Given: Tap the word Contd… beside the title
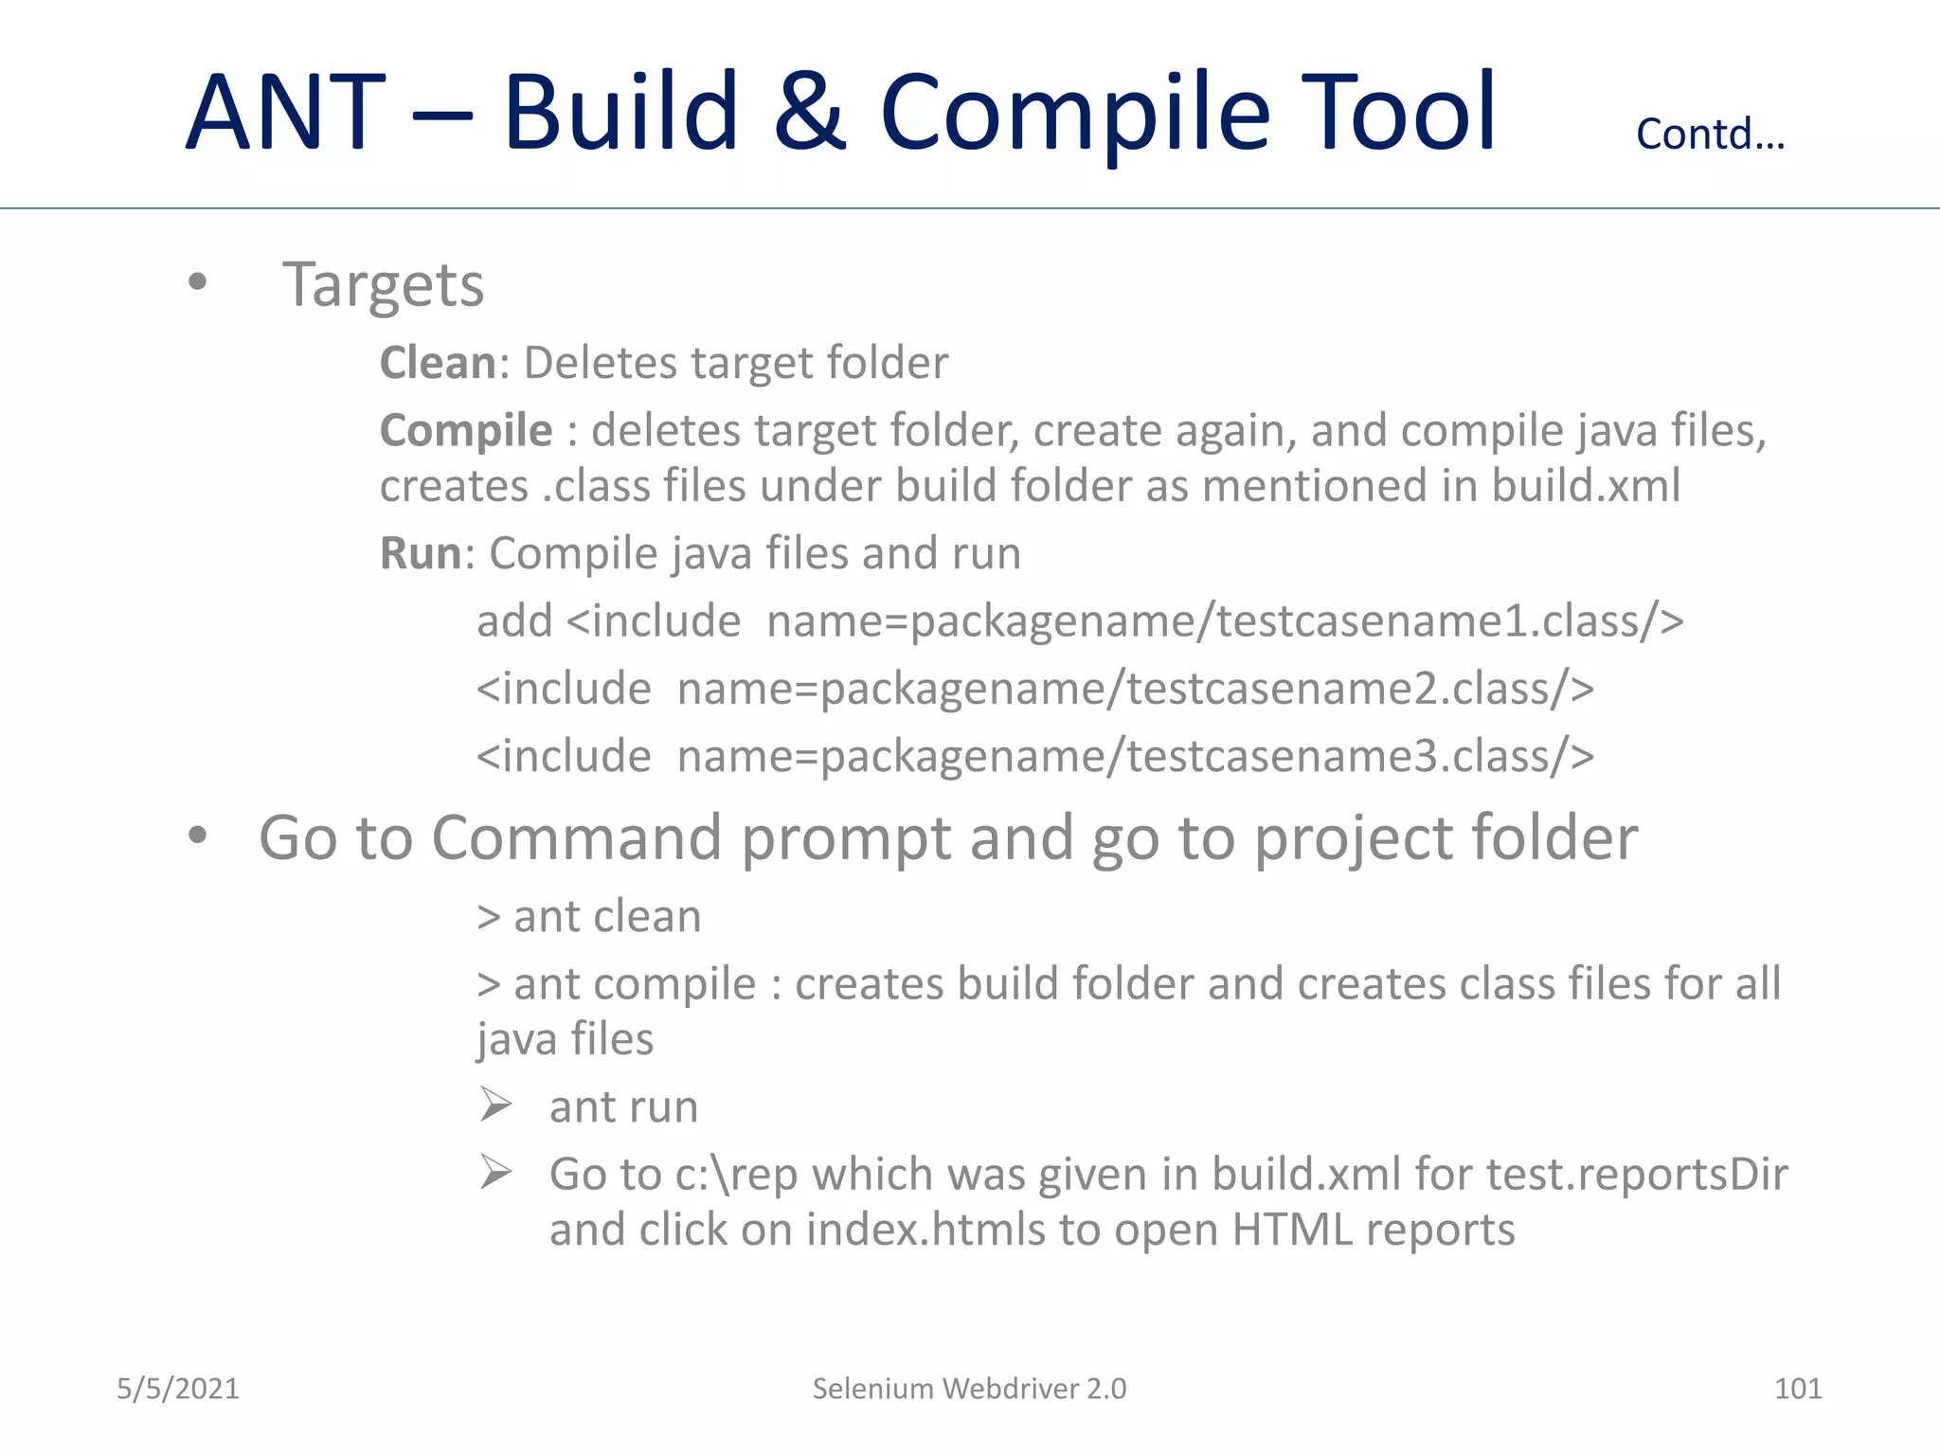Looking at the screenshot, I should point(1710,135).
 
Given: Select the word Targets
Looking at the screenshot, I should point(384,284).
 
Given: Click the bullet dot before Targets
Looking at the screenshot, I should point(197,281).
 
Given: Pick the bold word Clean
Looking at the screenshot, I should point(438,363).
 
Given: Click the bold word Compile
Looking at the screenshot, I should point(466,431).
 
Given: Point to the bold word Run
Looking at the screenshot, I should point(421,553).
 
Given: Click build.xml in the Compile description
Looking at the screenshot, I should point(1587,486).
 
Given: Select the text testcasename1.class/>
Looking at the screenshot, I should point(1450,621).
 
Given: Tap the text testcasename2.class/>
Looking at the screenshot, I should point(1360,689).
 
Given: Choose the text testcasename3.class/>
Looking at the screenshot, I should point(1360,757).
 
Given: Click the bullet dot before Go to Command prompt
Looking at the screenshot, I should point(197,835).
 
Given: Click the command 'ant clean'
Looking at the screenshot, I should point(607,917).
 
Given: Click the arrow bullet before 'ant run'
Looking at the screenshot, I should point(495,1105).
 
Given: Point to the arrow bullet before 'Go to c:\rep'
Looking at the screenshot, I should point(495,1172).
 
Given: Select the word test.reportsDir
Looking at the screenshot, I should point(1637,1175).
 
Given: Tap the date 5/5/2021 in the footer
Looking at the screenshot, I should point(178,1389).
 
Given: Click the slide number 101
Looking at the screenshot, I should point(1798,1389).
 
